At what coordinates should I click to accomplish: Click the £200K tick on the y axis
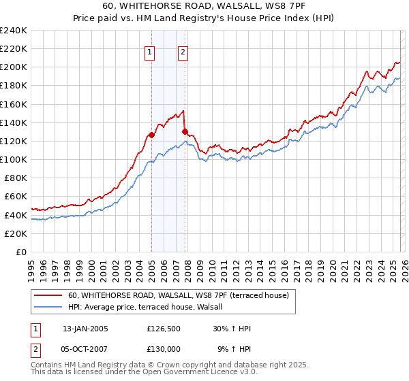(14, 67)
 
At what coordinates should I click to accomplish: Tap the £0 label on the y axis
(20, 252)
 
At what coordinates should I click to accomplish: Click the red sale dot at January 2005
(151, 135)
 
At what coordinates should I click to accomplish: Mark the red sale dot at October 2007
(185, 131)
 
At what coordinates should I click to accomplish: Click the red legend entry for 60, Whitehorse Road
(179, 295)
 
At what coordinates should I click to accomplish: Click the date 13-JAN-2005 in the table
(85, 329)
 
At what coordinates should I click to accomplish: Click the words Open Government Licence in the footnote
(187, 373)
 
